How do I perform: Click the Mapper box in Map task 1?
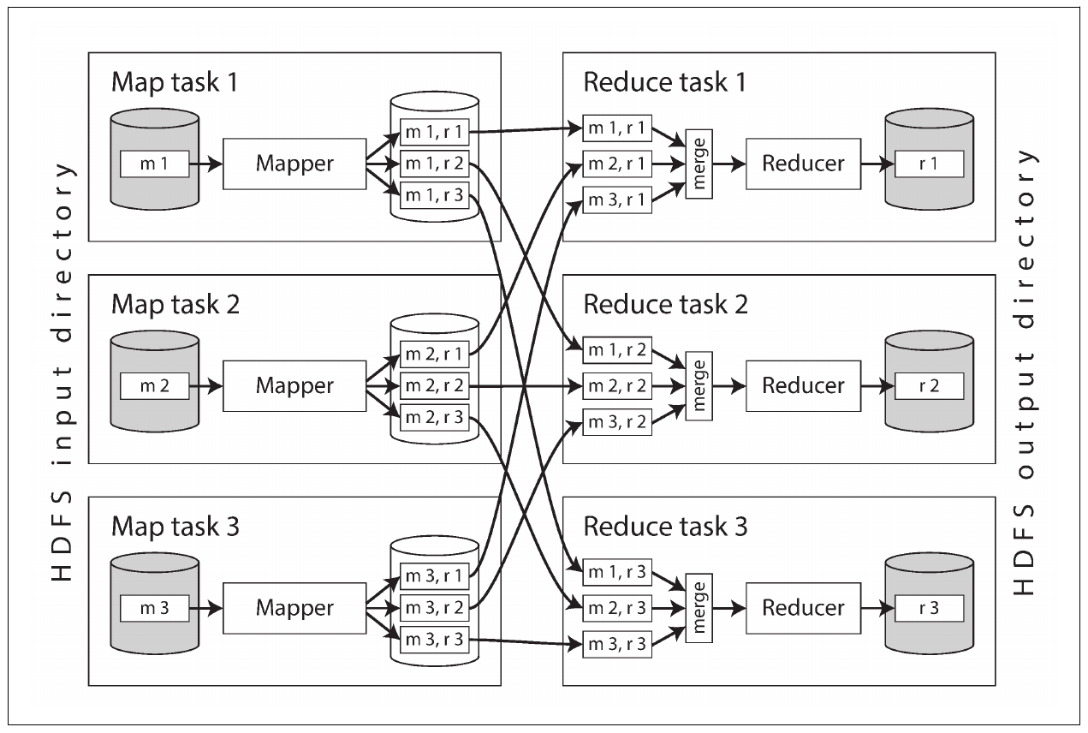click(294, 164)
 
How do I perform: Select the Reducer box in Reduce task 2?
click(803, 386)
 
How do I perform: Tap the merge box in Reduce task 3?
click(699, 608)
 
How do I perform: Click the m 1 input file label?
click(154, 164)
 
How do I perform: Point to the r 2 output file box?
click(929, 386)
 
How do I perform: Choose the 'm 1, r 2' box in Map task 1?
click(434, 164)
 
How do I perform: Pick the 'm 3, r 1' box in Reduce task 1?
click(617, 200)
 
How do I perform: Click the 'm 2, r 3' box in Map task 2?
click(434, 417)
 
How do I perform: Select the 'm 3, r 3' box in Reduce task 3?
click(617, 644)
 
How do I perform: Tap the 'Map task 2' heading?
click(175, 305)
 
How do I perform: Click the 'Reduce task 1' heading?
click(664, 82)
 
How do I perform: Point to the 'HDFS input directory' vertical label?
click(62, 372)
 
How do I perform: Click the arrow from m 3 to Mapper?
click(206, 608)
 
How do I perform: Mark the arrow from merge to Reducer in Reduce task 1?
click(729, 164)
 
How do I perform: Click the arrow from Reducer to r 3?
click(877, 608)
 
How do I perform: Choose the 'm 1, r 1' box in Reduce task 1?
click(617, 128)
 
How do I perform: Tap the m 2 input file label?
click(154, 386)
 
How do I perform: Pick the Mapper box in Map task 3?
click(294, 608)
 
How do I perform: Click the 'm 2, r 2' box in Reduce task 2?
click(617, 386)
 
